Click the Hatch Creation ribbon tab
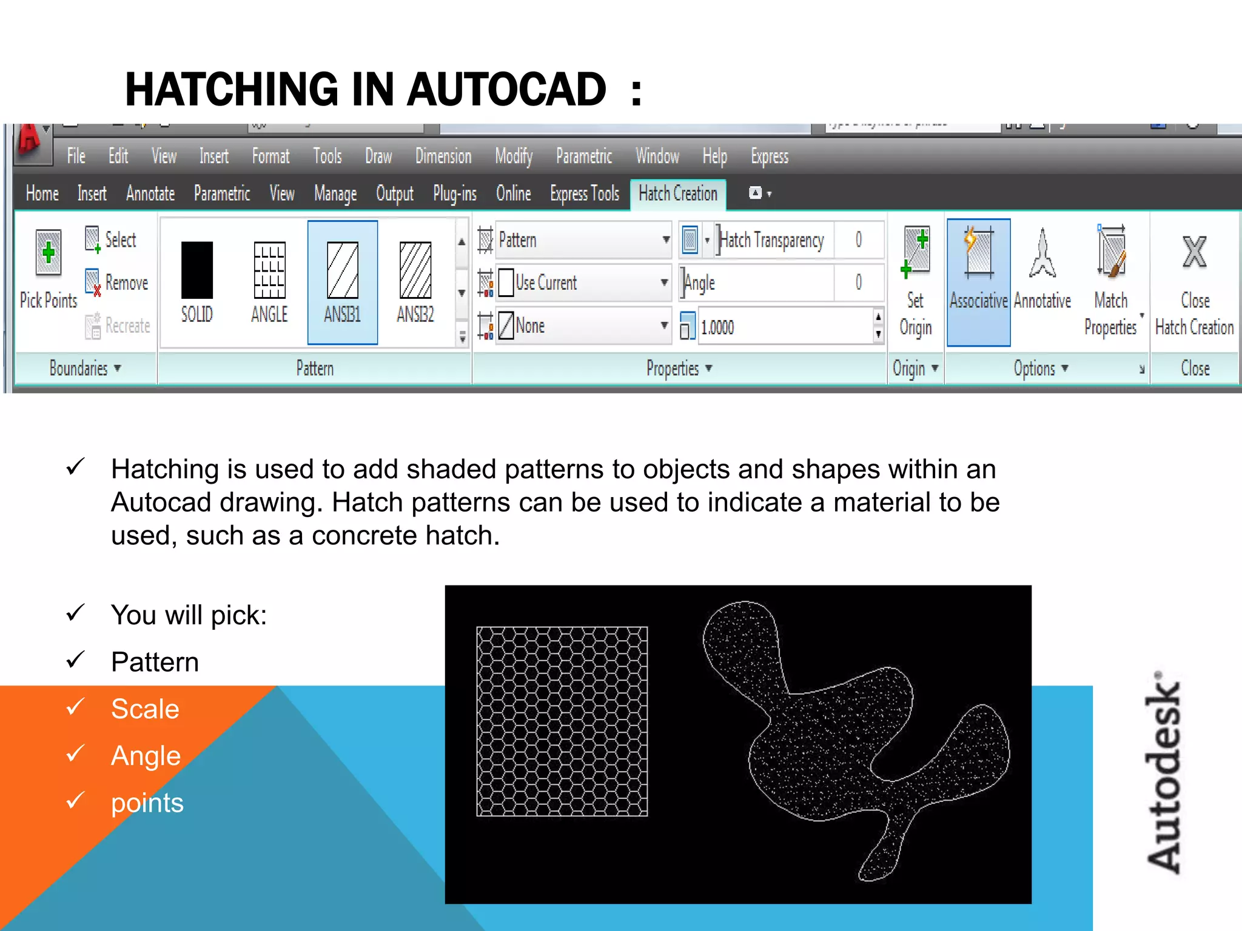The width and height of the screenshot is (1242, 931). click(x=677, y=194)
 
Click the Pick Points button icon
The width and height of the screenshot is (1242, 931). click(x=49, y=253)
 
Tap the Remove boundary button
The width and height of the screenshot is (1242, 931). click(x=118, y=282)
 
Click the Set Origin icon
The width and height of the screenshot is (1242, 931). click(x=915, y=252)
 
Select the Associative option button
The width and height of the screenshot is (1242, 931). click(x=978, y=282)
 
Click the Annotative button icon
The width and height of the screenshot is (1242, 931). click(x=1042, y=253)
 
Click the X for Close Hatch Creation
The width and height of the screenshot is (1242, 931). click(x=1195, y=252)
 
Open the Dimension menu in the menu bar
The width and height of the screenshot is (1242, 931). click(x=443, y=157)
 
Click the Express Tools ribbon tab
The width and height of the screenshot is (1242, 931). click(x=585, y=194)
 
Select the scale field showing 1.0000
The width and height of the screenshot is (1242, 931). click(x=785, y=327)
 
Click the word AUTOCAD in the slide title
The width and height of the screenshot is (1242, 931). click(x=506, y=90)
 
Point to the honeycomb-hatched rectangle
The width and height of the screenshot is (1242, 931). click(x=562, y=721)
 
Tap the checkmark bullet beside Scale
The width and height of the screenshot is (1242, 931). click(x=75, y=707)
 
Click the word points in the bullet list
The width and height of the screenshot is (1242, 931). click(x=147, y=803)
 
